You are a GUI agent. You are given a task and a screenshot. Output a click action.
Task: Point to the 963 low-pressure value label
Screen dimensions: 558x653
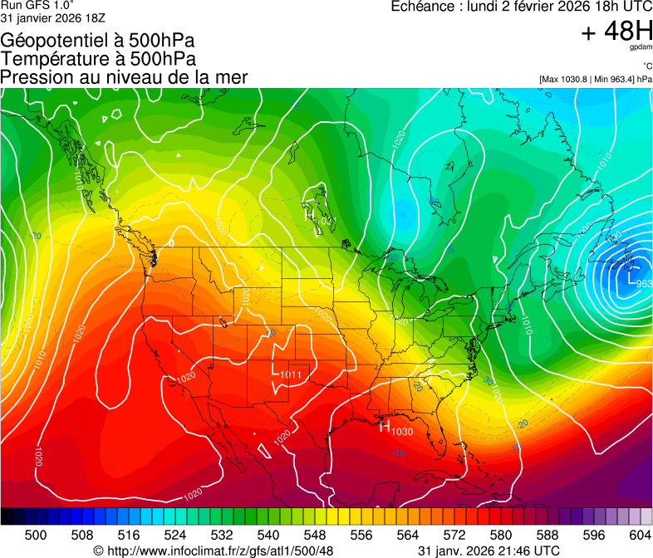(644, 284)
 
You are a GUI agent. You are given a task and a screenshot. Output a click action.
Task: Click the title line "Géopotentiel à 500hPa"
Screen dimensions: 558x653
(98, 41)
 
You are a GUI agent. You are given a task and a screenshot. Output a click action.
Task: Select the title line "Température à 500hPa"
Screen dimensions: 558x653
(98, 59)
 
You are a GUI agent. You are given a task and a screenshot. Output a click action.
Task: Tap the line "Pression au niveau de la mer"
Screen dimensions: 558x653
(124, 77)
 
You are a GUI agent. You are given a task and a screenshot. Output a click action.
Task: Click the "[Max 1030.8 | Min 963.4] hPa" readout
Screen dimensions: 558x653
(596, 79)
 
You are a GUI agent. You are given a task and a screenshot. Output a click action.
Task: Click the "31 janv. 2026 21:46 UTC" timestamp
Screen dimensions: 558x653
(488, 551)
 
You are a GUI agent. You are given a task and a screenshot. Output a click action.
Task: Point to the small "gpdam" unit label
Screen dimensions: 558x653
(641, 47)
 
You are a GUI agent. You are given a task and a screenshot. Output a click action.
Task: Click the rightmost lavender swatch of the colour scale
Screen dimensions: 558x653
(646, 516)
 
